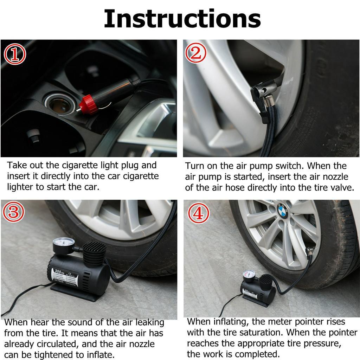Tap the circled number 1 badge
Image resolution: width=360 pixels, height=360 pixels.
[15, 54]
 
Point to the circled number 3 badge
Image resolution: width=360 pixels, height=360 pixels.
[14, 212]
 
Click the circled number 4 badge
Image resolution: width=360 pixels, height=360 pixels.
[198, 213]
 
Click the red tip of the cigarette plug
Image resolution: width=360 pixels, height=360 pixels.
[86, 103]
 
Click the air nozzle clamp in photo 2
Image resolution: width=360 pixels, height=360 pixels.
[262, 98]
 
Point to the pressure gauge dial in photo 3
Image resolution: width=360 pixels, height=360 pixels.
[64, 244]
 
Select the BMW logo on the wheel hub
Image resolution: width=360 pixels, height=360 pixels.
[282, 212]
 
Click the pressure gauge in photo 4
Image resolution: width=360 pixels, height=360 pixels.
[249, 276]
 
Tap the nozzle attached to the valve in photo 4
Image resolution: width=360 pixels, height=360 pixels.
[309, 252]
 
